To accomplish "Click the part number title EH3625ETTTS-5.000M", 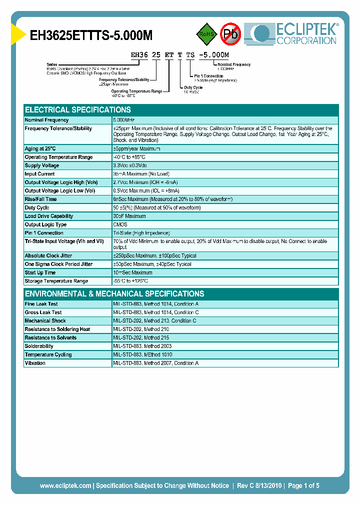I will [x=91, y=35].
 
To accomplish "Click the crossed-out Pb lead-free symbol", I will [x=231, y=34].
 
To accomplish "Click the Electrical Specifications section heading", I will [x=78, y=110].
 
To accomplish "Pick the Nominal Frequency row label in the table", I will [x=47, y=120].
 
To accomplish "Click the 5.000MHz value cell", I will [x=124, y=120].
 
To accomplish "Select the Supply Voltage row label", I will [x=42, y=165].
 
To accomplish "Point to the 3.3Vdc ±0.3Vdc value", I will [x=133, y=165].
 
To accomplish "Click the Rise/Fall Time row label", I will [x=41, y=199].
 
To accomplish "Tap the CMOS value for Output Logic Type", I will [x=120, y=224].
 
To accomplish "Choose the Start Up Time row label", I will [x=40, y=272].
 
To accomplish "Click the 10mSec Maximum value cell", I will [x=133, y=272].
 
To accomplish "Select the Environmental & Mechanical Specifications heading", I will [x=114, y=294].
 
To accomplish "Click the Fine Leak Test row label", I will [x=41, y=304].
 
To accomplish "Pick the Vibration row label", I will [x=35, y=363].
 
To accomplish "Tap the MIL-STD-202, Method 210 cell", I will [x=141, y=329].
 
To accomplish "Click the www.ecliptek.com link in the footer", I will [x=65, y=485].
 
